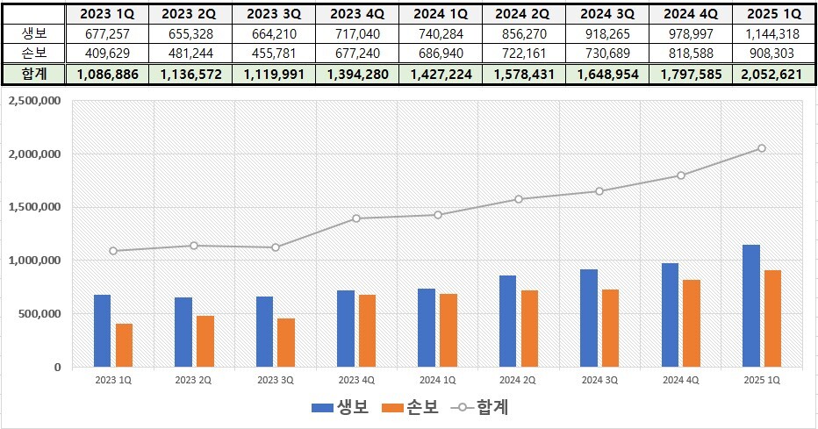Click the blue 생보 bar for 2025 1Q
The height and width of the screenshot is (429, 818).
point(752,306)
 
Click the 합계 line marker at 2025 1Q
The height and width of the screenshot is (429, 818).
point(762,148)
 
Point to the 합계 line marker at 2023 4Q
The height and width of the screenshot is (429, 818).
point(355,218)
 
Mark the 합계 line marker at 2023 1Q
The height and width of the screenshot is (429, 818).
point(112,251)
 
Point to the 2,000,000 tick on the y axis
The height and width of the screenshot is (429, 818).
point(33,154)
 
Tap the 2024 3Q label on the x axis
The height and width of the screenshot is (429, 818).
point(599,380)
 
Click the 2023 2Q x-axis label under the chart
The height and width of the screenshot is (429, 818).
point(193,380)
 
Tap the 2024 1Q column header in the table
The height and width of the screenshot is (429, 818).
point(438,13)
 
